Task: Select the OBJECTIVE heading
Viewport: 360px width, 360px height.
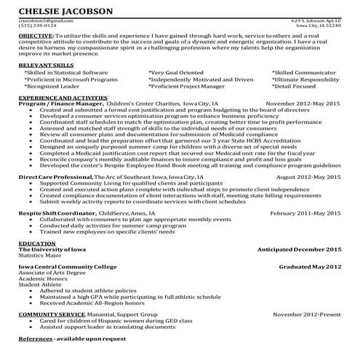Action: pyautogui.click(x=34, y=35)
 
